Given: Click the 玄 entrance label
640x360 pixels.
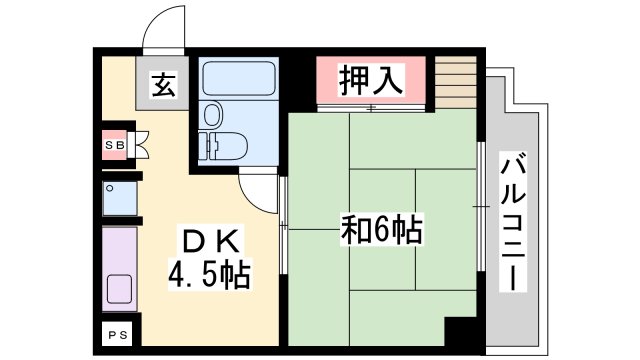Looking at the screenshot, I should [164, 87].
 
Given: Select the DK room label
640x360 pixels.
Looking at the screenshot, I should [209, 240].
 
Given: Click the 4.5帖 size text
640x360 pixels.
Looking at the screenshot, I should [208, 272].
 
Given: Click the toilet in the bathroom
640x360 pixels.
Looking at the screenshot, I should [219, 143].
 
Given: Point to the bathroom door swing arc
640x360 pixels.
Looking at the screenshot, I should [258, 189].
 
